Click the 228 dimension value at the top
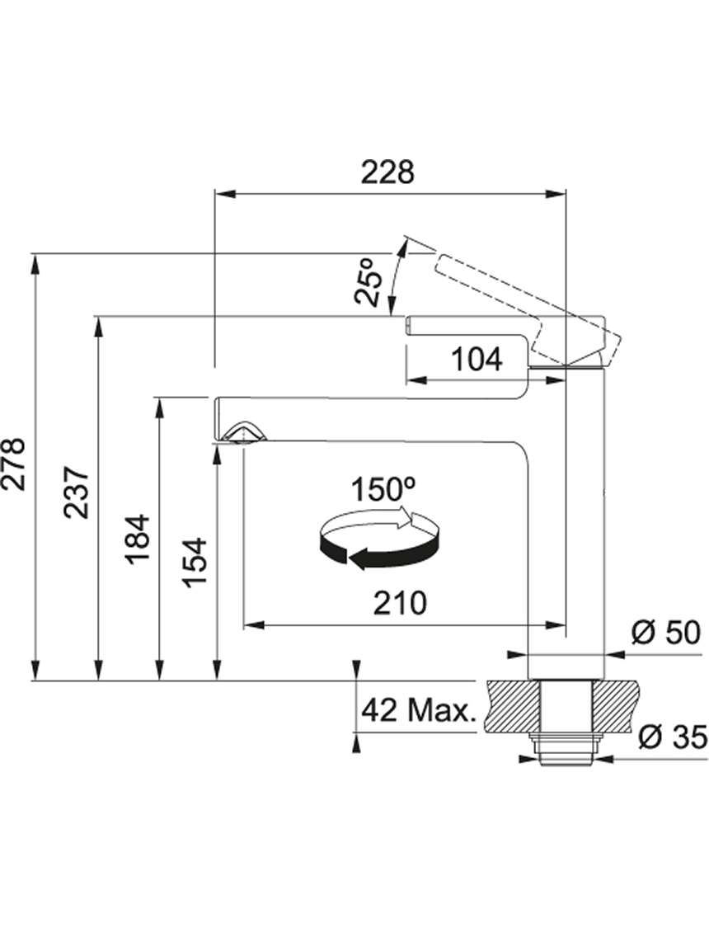click(x=388, y=172)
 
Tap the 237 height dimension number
click(x=77, y=492)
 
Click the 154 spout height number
click(x=195, y=563)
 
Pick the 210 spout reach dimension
click(x=400, y=603)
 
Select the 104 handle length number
click(x=477, y=360)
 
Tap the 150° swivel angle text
click(x=384, y=489)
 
